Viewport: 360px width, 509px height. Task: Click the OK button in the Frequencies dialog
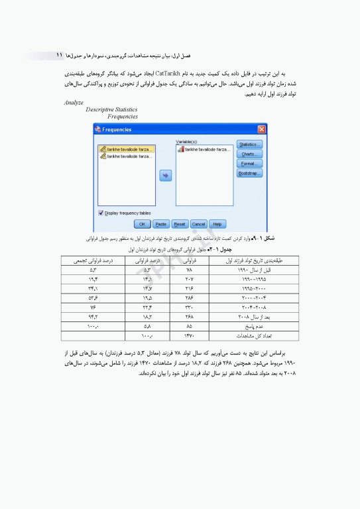click(143, 224)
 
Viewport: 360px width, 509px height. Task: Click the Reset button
click(180, 224)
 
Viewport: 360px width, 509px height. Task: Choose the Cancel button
click(198, 224)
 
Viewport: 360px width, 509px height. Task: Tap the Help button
click(217, 224)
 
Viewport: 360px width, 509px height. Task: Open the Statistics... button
click(249, 144)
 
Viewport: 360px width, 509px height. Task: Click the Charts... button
click(249, 154)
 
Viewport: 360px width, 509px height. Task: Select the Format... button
click(249, 164)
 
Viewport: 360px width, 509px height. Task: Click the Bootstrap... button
click(249, 174)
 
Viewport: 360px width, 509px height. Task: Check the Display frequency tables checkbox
click(101, 213)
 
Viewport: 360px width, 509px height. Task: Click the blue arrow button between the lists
click(166, 175)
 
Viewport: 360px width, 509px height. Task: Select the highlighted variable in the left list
click(126, 150)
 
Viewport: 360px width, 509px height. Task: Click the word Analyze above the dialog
click(74, 103)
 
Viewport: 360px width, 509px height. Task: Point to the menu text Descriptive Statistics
click(112, 110)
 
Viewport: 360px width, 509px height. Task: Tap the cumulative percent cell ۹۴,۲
click(94, 318)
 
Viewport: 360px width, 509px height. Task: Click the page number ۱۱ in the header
click(59, 54)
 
